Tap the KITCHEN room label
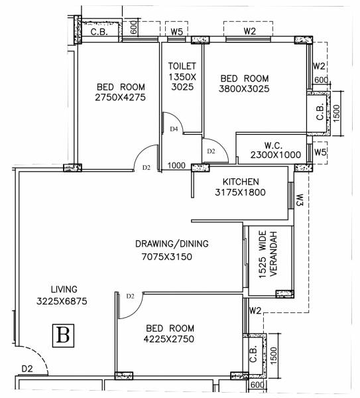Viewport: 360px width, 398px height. (241, 182)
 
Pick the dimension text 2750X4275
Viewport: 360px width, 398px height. (120, 98)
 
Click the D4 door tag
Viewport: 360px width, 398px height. (174, 129)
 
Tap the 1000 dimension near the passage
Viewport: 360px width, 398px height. (176, 166)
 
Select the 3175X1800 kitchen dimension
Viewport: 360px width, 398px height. (241, 193)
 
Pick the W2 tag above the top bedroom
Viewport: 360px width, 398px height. (249, 31)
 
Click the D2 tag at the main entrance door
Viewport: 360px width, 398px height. (27, 368)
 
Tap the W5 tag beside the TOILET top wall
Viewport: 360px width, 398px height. (176, 31)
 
